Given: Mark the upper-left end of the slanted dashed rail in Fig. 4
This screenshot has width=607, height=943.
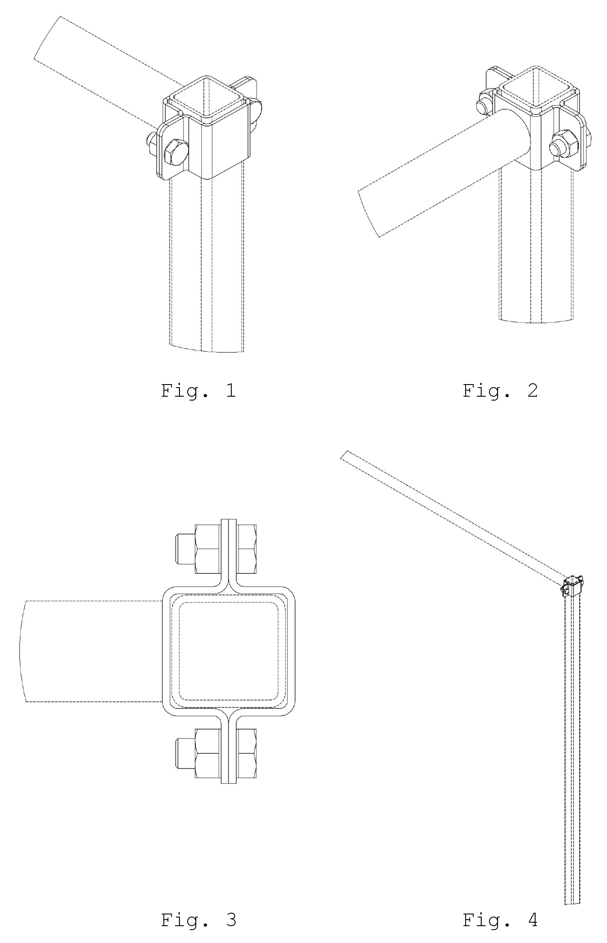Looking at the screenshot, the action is [x=345, y=455].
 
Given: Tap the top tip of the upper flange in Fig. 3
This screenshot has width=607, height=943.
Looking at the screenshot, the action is [x=229, y=519].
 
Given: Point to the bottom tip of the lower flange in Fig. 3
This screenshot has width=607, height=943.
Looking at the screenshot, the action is [x=229, y=783].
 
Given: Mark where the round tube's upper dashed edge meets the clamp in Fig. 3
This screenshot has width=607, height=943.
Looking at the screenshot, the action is [x=163, y=601].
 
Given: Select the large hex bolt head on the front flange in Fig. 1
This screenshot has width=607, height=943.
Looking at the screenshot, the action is [x=176, y=152].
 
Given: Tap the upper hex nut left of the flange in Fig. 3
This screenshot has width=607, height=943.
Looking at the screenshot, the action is [x=208, y=549].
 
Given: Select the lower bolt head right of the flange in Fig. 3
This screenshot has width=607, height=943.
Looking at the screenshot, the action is [x=246, y=753].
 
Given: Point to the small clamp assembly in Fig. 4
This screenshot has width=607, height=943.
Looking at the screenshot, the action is [x=573, y=586].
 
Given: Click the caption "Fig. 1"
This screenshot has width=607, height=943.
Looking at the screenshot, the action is [x=198, y=391].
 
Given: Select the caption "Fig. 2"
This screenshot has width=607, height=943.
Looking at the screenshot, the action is [x=500, y=391].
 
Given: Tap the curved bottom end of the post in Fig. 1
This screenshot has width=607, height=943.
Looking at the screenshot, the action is [x=207, y=349].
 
